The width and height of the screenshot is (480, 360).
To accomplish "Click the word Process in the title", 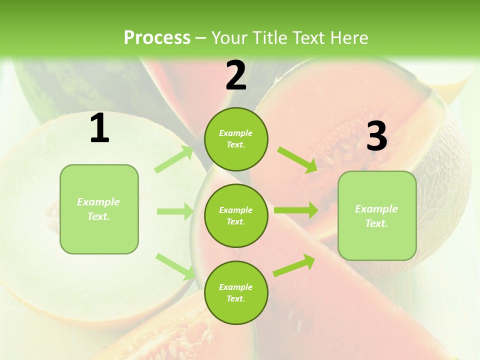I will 157,38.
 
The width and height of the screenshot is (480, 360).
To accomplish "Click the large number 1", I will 99,128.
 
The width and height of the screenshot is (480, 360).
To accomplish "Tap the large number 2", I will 236,75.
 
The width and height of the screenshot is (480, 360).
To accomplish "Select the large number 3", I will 376,136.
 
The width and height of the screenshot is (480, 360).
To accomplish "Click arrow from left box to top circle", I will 174,159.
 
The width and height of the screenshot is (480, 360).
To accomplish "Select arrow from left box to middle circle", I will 175,211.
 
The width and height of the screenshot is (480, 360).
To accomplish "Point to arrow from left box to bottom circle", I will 175,266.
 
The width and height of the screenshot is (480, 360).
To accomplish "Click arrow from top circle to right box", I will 297,160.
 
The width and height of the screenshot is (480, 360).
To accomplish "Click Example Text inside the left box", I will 98,209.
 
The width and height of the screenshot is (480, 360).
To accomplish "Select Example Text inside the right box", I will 376,216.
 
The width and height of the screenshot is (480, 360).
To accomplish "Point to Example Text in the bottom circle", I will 236,293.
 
